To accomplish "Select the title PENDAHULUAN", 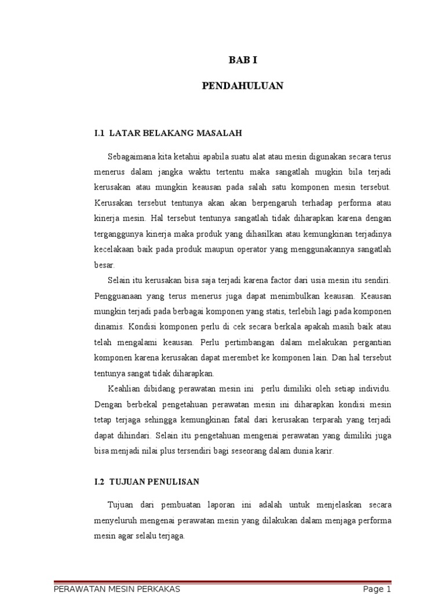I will (242, 85).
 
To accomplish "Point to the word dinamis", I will (107, 327).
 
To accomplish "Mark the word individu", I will (375, 388).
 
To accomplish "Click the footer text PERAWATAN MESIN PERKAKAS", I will (116, 589).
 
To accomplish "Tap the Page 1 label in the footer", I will (373, 589).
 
